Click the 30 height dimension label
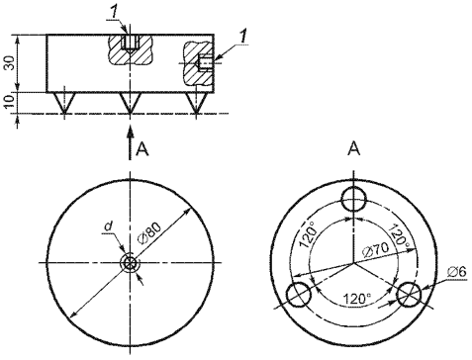[10, 62]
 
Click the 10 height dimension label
[10, 102]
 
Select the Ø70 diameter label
[376, 249]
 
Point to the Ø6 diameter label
[457, 272]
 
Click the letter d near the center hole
[108, 226]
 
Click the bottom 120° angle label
[357, 299]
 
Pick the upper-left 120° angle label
[308, 234]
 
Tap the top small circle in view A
[354, 199]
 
